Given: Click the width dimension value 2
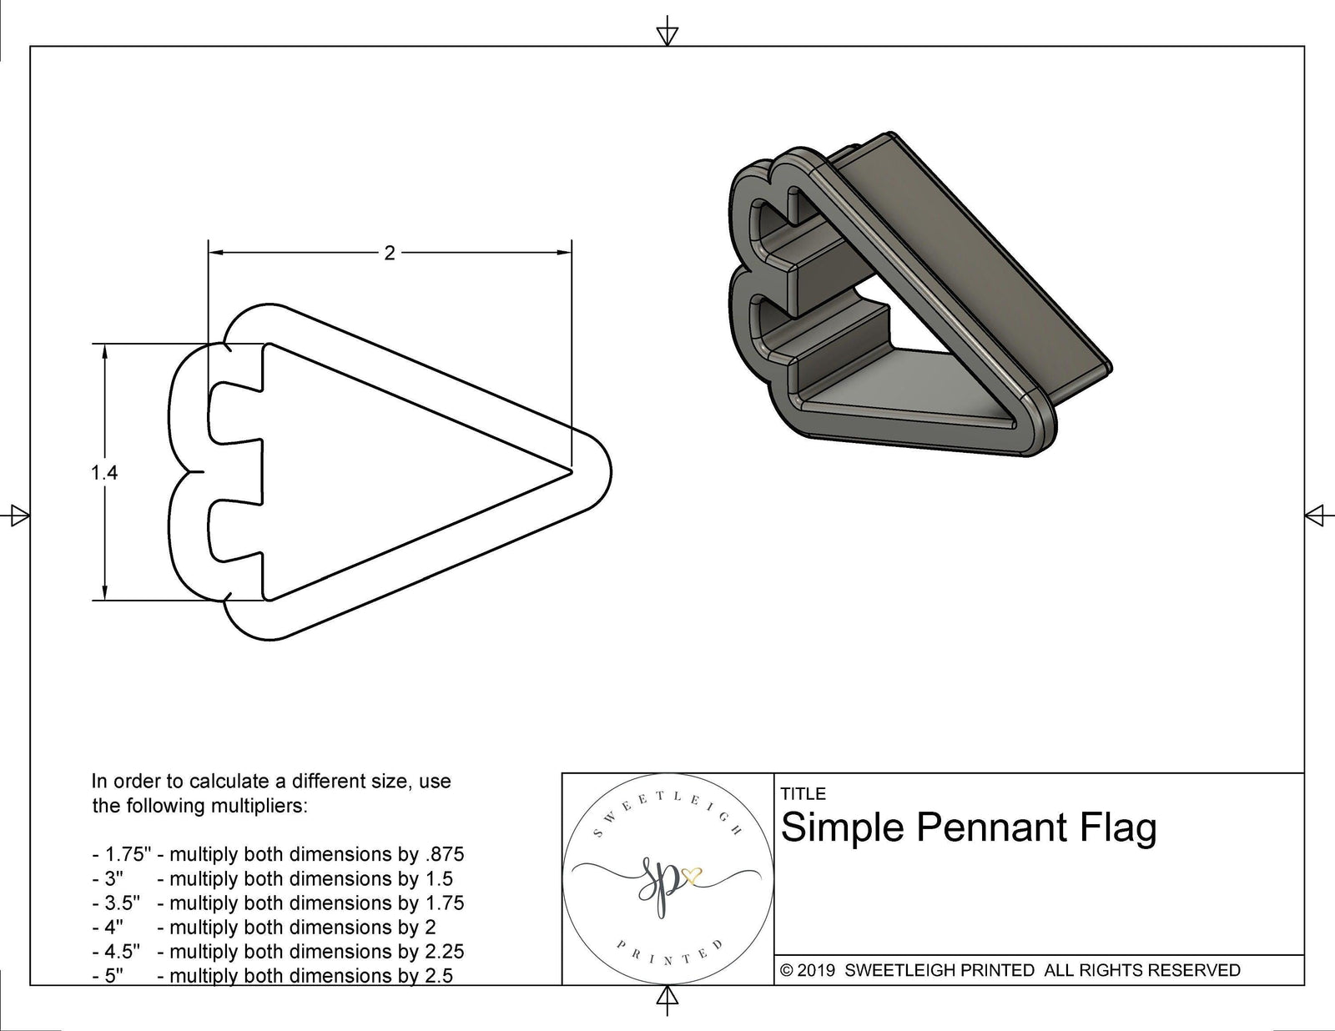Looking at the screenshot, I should (x=389, y=253).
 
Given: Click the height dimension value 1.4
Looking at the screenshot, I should (x=104, y=473).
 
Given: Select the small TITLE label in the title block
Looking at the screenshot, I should (x=803, y=794).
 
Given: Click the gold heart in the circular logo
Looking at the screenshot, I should (x=692, y=876).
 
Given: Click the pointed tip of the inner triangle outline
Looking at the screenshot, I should (x=571, y=472).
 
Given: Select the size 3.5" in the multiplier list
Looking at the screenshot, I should (x=123, y=903).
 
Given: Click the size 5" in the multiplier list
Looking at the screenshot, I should (x=114, y=975).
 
